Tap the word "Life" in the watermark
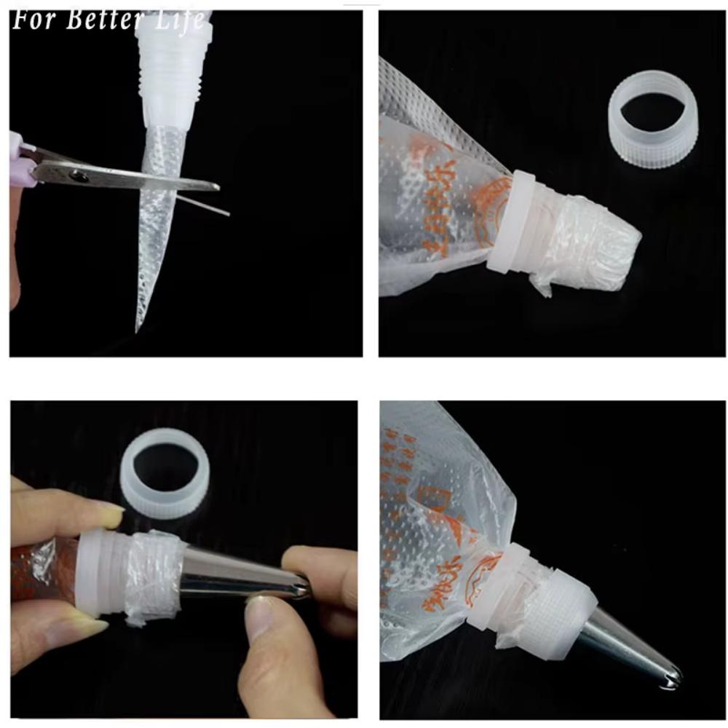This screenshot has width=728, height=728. point(179,20)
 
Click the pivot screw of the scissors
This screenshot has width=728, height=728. point(78,175)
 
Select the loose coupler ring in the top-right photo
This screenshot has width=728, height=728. point(653,119)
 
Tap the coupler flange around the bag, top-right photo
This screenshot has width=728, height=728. point(513,222)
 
